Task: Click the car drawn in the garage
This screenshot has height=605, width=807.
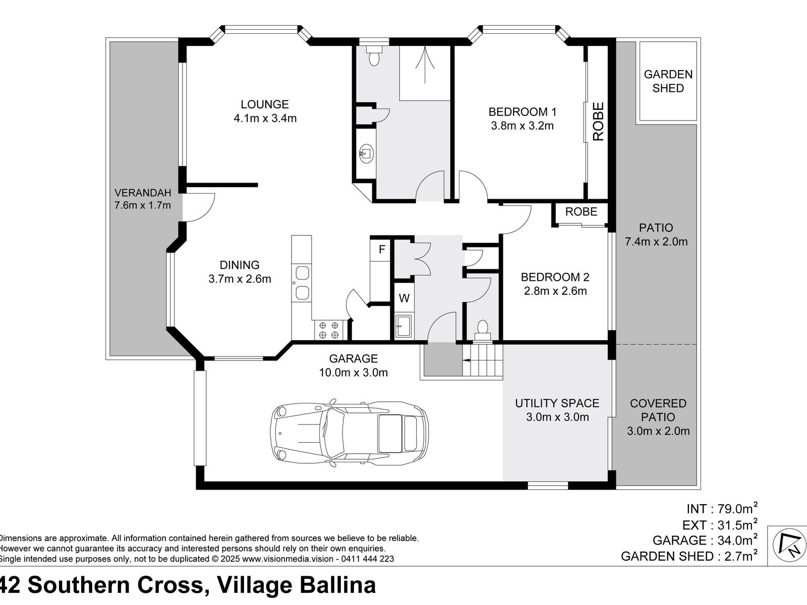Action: [350, 434]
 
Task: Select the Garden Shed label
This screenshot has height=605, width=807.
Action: [668, 81]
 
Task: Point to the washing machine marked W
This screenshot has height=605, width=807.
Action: [404, 298]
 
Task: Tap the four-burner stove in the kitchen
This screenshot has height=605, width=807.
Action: [329, 330]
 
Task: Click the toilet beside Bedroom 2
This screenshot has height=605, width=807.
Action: [482, 331]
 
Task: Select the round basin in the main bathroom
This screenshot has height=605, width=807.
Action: [366, 153]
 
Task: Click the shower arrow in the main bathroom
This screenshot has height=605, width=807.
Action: [425, 65]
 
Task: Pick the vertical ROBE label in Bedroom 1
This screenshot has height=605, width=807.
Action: [598, 121]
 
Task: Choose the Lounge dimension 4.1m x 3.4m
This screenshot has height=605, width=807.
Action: [265, 118]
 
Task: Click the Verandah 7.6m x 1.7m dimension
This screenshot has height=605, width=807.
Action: [143, 205]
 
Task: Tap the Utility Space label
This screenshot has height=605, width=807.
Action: [557, 403]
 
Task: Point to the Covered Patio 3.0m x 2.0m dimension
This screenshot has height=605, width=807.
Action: [658, 431]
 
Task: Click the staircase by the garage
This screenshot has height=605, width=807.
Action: [482, 360]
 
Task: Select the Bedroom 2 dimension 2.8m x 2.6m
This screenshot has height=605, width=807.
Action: [555, 291]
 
